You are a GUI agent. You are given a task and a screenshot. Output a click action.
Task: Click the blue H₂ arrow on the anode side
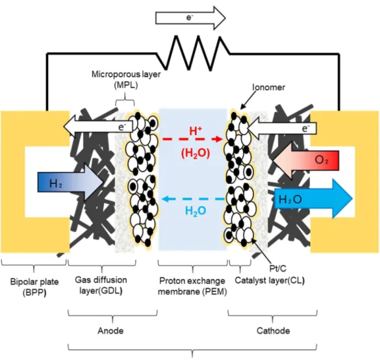pyautogui.click(x=71, y=183)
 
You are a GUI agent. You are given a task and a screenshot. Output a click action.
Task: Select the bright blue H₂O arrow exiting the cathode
pyautogui.click(x=313, y=199)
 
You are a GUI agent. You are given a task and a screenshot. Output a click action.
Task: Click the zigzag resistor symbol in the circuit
pyautogui.click(x=193, y=53)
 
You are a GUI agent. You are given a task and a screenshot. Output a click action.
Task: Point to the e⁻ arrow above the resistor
pyautogui.click(x=190, y=18)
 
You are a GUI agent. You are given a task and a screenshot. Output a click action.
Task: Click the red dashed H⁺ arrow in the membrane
pyautogui.click(x=193, y=139)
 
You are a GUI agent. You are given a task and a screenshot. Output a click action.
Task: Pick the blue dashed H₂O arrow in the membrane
pyautogui.click(x=193, y=199)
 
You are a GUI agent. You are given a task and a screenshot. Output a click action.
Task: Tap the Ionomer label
pyautogui.click(x=268, y=87)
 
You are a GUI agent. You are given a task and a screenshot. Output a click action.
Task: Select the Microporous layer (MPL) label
pyautogui.click(x=126, y=79)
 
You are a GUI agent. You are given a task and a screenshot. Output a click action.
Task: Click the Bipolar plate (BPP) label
pyautogui.click(x=34, y=287)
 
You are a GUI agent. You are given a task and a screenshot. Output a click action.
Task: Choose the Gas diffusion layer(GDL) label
pyautogui.click(x=101, y=285)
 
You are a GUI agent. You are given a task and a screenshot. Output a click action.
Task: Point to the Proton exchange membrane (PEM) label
pyautogui.click(x=192, y=286)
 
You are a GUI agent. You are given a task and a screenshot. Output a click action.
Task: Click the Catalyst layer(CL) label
pyautogui.click(x=270, y=281)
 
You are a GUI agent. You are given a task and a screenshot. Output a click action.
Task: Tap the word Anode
pyautogui.click(x=110, y=331)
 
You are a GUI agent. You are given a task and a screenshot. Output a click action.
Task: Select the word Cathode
pyautogui.click(x=273, y=331)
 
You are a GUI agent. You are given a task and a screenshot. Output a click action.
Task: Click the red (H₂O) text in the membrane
pyautogui.click(x=196, y=153)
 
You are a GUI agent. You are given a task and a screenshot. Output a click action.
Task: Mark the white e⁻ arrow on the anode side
pyautogui.click(x=98, y=127)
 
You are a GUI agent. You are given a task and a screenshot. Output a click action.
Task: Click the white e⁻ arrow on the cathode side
pyautogui.click(x=281, y=128)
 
